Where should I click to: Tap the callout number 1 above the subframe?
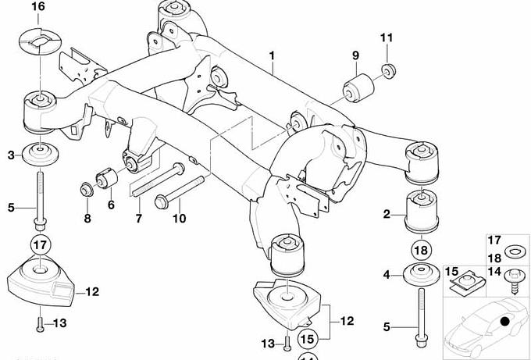272,55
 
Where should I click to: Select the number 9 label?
355,55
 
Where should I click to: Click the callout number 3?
11,156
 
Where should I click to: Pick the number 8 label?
87,219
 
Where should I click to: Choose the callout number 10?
180,219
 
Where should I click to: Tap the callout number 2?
386,213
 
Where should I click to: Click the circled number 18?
419,251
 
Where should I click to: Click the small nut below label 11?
387,72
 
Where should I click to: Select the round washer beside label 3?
39,152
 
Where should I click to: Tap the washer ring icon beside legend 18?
515,251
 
